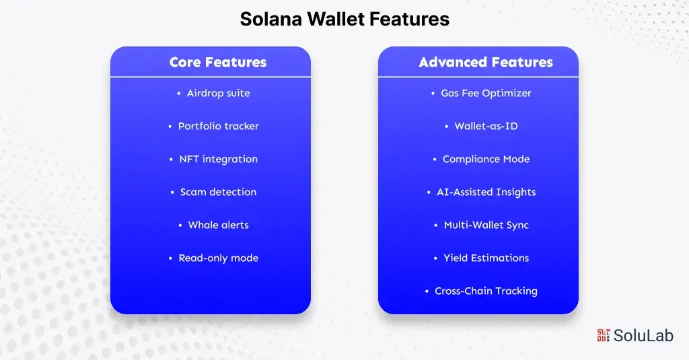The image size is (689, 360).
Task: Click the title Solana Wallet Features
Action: (x=344, y=19)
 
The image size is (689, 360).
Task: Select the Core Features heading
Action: (x=217, y=63)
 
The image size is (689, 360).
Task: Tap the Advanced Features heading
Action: (x=485, y=63)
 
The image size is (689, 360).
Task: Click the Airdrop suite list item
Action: (x=218, y=94)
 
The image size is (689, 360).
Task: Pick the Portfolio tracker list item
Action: (x=218, y=127)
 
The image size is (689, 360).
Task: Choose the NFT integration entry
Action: (x=218, y=159)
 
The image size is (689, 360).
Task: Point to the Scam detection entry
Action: (x=218, y=192)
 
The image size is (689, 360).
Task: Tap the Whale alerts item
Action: (x=218, y=225)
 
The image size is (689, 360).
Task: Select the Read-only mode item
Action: (x=218, y=258)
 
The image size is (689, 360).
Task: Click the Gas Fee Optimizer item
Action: (x=486, y=94)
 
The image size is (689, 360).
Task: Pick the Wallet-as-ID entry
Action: (x=486, y=127)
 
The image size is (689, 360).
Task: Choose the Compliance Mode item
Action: (x=486, y=159)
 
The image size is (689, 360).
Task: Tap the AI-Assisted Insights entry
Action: (x=486, y=192)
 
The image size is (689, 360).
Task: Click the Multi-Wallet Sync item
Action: (x=486, y=225)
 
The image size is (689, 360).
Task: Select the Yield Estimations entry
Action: (x=486, y=258)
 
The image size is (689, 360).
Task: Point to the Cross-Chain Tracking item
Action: (x=486, y=291)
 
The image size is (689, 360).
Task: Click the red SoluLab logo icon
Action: (x=603, y=335)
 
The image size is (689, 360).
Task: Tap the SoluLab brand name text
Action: (x=643, y=336)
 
